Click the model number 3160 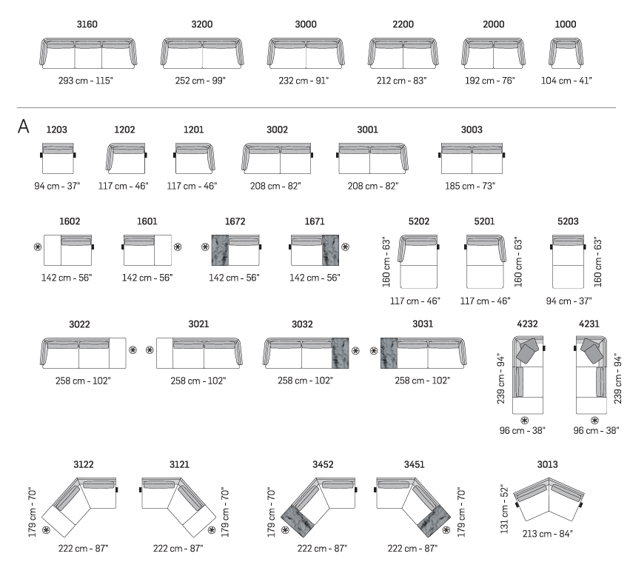click(87, 24)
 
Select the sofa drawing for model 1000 click(566, 53)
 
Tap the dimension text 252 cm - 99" click(200, 81)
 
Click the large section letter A click(23, 126)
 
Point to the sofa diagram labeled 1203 click(58, 158)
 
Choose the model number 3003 click(472, 130)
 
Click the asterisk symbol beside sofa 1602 click(38, 247)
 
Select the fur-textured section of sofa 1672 click(220, 250)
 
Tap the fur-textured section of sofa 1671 click(330, 250)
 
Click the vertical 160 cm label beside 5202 click(386, 262)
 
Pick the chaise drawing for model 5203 click(568, 261)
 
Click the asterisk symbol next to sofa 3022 click(133, 350)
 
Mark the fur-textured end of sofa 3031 click(389, 353)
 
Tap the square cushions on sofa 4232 click(528, 350)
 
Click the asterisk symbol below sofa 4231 click(594, 421)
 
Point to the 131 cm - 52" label click(505, 509)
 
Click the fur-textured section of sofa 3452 click(298, 521)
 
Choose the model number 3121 click(179, 464)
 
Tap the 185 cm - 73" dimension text click(470, 186)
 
